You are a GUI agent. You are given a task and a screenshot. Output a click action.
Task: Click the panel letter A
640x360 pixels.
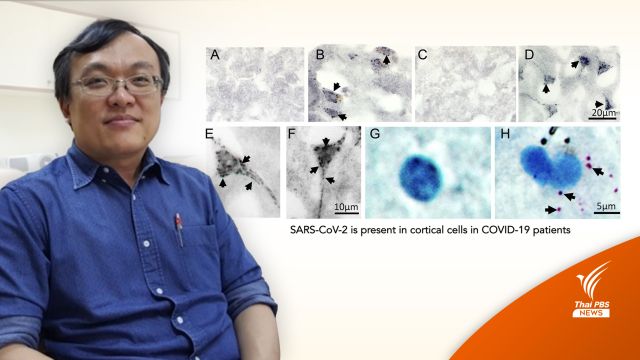point(215,55)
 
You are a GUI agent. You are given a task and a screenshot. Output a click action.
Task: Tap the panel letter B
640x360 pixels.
point(320,55)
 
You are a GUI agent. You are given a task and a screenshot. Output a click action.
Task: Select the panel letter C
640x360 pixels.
point(423,55)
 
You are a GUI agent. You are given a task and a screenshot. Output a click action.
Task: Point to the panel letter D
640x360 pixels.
point(529,55)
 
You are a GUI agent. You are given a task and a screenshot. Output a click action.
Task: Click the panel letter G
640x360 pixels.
point(374,134)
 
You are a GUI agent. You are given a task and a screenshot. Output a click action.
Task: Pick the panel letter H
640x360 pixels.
point(505,134)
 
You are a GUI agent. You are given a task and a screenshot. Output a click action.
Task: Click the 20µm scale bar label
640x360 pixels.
point(603,112)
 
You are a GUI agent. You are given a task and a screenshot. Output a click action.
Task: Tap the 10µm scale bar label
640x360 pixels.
point(346,207)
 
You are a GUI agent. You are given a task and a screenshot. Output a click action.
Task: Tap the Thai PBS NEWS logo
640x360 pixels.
point(591,291)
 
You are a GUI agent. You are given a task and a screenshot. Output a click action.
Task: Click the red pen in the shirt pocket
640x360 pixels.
point(179,230)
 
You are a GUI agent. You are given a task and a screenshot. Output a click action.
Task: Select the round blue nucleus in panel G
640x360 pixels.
point(421,178)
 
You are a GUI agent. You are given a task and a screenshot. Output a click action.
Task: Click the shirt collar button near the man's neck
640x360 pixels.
point(106,180)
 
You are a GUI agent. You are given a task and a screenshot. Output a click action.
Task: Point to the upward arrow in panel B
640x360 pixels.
point(386,60)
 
